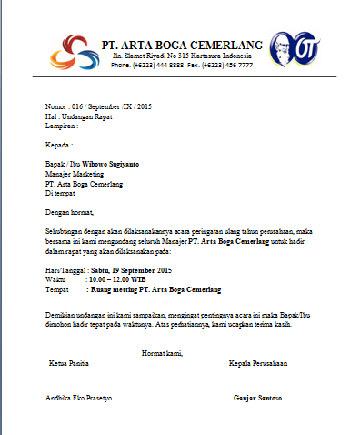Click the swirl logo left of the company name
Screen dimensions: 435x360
[x=71, y=52]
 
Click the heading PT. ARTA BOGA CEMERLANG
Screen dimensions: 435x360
[x=182, y=44]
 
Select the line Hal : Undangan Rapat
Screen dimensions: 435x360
[x=81, y=116]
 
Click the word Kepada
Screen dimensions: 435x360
[x=59, y=145]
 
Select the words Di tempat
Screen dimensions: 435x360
[x=62, y=190]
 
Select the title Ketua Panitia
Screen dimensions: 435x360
[x=70, y=362]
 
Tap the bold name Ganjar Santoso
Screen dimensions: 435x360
[x=257, y=398]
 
